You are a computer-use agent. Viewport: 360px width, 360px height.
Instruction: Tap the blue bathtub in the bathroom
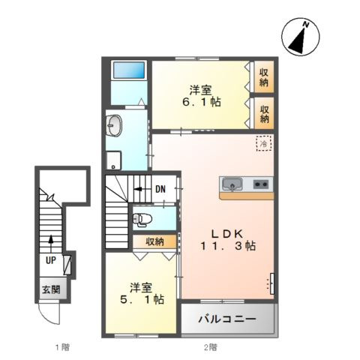(128, 70)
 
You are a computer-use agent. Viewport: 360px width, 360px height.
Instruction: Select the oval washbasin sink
(114, 125)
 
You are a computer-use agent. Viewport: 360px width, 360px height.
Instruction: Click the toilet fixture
(142, 220)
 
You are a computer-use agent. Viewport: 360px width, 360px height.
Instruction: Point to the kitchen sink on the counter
(232, 184)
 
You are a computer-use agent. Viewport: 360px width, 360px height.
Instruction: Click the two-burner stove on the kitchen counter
(261, 184)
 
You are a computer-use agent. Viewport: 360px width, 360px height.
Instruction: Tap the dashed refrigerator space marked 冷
(263, 142)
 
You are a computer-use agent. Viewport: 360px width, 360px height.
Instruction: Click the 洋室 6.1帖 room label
(200, 94)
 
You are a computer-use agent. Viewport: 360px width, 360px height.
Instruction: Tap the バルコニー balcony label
(226, 319)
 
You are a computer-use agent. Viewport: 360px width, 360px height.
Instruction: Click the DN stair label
(160, 189)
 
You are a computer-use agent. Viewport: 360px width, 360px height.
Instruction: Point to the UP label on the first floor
(50, 261)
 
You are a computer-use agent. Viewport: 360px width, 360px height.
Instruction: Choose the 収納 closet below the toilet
(155, 241)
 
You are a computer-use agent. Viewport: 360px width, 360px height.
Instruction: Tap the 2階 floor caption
(211, 347)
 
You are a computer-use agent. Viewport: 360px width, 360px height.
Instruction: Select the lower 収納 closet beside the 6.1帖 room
(264, 113)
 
